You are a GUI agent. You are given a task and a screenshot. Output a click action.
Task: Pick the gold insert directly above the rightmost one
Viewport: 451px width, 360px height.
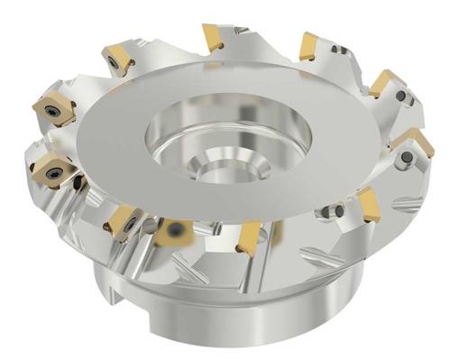[x=386, y=83]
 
